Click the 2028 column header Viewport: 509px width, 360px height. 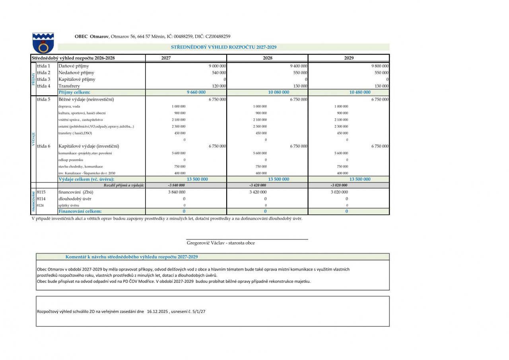[x=268, y=58]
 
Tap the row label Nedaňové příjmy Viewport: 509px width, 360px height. [x=76, y=73]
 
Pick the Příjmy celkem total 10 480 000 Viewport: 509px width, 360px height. [x=360, y=92]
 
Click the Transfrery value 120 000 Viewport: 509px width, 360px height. [x=219, y=86]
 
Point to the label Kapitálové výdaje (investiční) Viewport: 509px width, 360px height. [x=89, y=146]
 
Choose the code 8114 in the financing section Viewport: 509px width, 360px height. [x=41, y=198]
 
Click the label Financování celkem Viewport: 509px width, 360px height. [x=80, y=211]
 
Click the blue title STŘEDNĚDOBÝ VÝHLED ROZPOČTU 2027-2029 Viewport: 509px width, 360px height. [x=223, y=47]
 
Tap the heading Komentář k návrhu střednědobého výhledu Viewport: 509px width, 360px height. [x=132, y=257]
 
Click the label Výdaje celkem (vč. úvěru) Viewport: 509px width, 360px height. [x=86, y=179]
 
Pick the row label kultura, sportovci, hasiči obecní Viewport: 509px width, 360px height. [x=82, y=113]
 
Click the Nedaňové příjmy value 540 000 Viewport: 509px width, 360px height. [x=219, y=73]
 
